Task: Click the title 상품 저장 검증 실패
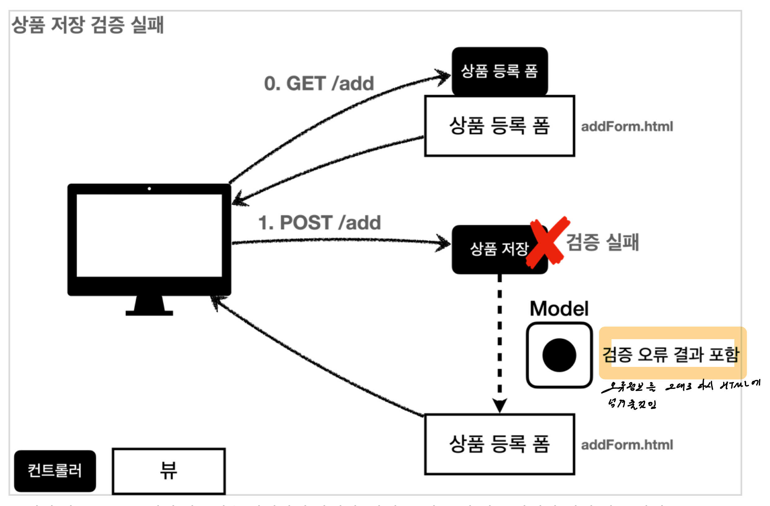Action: tap(88, 25)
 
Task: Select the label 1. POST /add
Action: tap(319, 222)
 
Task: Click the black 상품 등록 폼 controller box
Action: tap(499, 71)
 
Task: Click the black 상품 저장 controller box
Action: tap(492, 249)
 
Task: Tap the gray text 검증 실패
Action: tap(602, 242)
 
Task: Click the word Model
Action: tap(559, 309)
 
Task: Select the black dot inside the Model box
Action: tap(559, 355)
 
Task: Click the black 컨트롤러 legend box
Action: tap(55, 471)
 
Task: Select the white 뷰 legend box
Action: tap(169, 471)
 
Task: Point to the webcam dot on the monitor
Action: tap(149, 189)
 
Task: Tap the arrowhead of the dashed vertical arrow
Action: tap(499, 405)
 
